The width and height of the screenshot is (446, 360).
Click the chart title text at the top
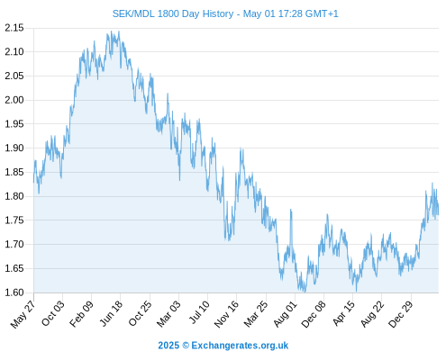(x=225, y=13)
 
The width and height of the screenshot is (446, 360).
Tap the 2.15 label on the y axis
(x=14, y=28)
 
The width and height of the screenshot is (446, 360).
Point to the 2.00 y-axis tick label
(x=14, y=100)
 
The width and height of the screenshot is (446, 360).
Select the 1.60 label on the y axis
(x=14, y=292)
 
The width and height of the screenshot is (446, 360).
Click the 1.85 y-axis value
(x=14, y=172)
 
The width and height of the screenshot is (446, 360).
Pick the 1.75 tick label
(x=14, y=220)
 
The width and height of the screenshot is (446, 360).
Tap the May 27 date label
(x=23, y=314)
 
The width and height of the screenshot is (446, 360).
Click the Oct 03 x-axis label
(x=53, y=313)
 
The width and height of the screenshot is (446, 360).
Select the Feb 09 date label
(x=81, y=313)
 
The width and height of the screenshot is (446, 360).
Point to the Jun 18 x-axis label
(x=111, y=313)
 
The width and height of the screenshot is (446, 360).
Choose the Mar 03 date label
(x=168, y=313)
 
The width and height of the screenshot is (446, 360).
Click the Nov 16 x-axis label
(x=226, y=314)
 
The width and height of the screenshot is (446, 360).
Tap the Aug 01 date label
(x=285, y=314)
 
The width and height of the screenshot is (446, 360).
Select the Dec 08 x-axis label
(x=314, y=314)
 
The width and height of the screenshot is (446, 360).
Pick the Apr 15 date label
(x=343, y=313)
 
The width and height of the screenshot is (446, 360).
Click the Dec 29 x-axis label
(x=400, y=314)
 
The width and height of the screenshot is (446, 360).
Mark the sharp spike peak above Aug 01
(x=291, y=210)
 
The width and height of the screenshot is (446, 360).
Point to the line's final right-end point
(x=439, y=214)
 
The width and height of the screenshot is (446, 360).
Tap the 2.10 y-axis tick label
(x=14, y=52)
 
